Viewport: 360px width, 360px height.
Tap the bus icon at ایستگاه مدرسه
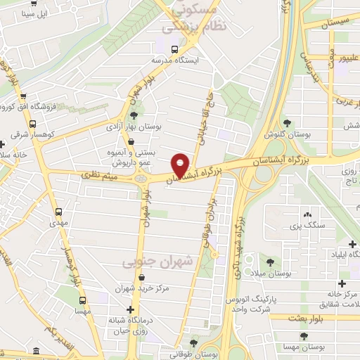click(174, 48)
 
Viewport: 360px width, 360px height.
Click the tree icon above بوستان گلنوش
click(285, 122)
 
